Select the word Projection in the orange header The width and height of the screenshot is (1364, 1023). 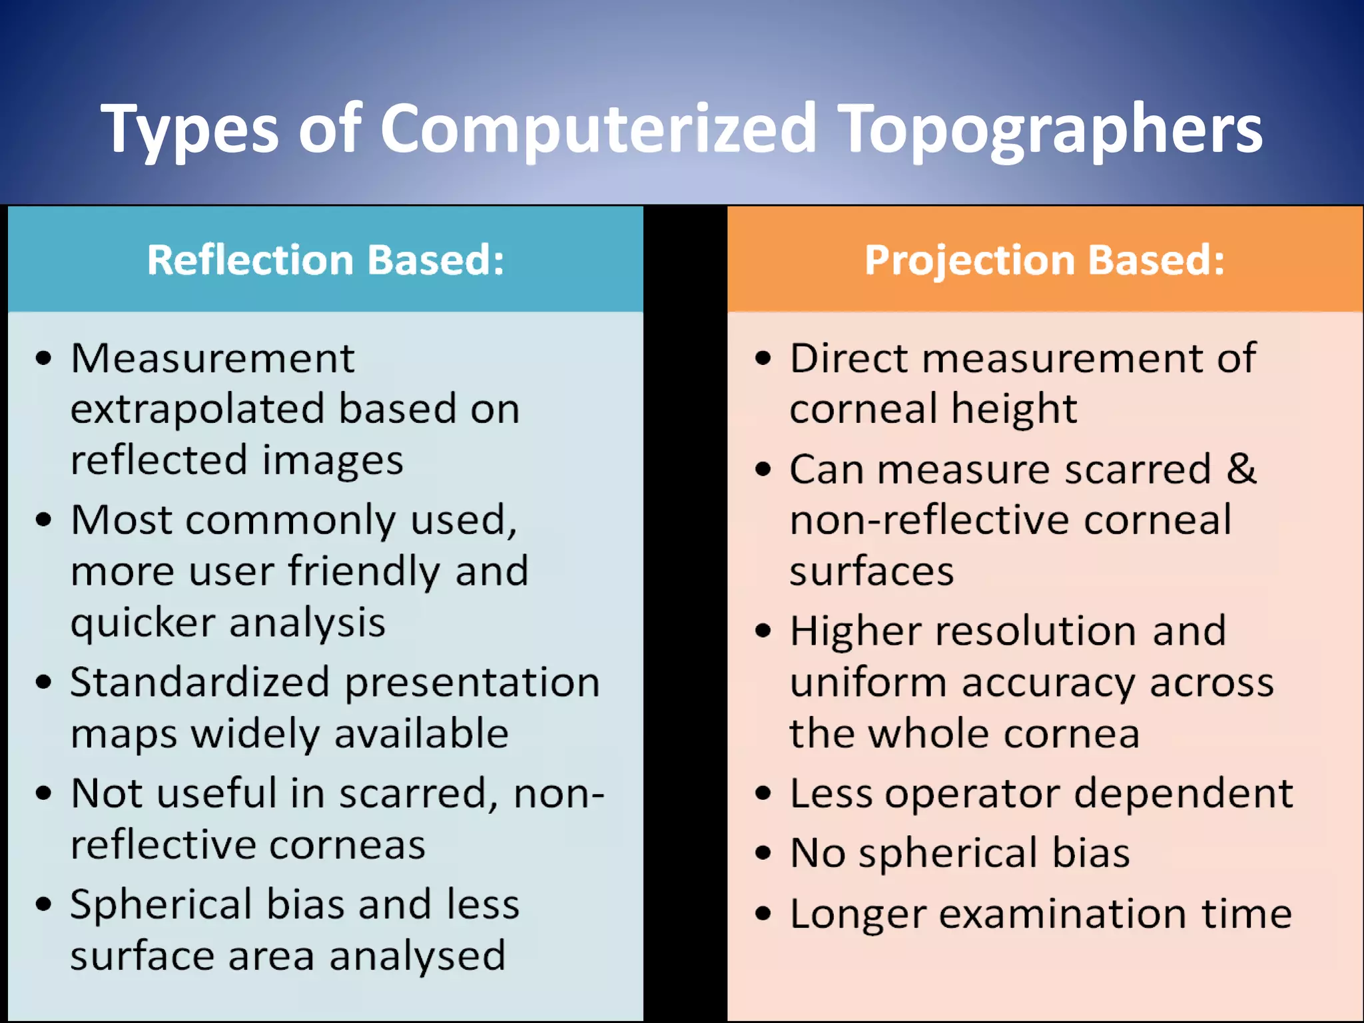click(x=969, y=260)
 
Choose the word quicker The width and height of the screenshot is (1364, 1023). click(x=143, y=624)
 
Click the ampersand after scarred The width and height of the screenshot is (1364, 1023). click(x=1241, y=469)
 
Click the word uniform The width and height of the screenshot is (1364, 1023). click(x=868, y=683)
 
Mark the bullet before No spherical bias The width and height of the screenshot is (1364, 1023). click(x=763, y=853)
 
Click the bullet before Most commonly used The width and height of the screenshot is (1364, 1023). click(x=44, y=519)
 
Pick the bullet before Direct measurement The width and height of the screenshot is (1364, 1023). click(x=763, y=358)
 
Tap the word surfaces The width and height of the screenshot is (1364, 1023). click(x=872, y=571)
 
